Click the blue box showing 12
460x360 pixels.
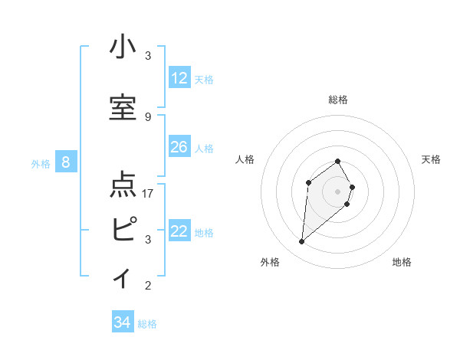[x=179, y=78]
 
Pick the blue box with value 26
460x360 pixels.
[x=179, y=147]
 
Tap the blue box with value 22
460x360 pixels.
[x=179, y=232]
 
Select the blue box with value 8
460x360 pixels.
[x=66, y=162]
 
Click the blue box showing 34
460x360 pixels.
[x=122, y=322]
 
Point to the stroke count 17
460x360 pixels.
[x=148, y=193]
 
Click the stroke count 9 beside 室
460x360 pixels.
[x=148, y=116]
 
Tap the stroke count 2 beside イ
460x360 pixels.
[x=148, y=286]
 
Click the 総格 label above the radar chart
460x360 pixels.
[x=338, y=100]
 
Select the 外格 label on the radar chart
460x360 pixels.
[x=270, y=262]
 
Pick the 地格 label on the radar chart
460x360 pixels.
[x=402, y=262]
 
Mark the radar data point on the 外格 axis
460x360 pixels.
[x=302, y=242]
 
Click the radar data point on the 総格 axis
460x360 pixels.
[x=338, y=162]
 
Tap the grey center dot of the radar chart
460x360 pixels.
[x=338, y=191]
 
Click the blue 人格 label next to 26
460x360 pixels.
[x=204, y=148]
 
